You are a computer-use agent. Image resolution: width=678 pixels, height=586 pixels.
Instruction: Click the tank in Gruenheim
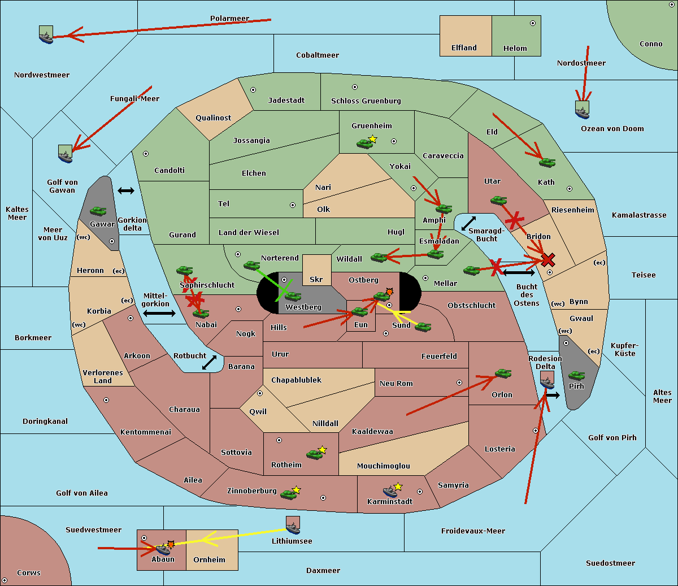[364, 144]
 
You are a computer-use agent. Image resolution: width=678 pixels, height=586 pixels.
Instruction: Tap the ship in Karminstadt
[390, 492]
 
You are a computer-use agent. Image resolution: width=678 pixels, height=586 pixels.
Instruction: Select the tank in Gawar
[98, 211]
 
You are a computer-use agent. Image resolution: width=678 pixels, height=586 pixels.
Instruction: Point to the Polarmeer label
[229, 19]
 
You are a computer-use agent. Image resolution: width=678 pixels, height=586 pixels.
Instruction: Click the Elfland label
[464, 48]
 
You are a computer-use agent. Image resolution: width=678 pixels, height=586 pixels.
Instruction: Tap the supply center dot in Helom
[533, 23]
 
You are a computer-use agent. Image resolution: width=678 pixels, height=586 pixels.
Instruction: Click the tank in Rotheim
[314, 454]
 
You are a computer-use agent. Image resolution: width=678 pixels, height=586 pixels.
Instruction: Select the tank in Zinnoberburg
[288, 494]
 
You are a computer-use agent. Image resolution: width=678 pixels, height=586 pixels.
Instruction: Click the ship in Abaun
[162, 550]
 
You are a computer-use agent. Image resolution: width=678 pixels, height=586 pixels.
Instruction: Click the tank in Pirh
[576, 375]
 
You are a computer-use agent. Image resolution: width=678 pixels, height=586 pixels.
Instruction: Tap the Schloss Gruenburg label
[366, 101]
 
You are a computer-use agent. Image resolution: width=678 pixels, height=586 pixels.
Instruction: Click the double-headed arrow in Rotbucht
[209, 362]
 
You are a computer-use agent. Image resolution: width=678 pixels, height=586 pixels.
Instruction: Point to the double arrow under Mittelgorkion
[159, 313]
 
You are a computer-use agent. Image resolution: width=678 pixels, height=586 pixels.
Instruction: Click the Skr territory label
[316, 280]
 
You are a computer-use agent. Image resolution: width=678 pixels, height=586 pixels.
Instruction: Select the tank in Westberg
[293, 296]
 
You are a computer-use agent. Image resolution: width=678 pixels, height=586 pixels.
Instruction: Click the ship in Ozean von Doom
[582, 110]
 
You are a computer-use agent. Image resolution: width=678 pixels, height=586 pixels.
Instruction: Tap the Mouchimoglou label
[384, 466]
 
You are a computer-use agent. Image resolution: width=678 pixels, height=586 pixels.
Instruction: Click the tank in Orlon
[503, 374]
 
